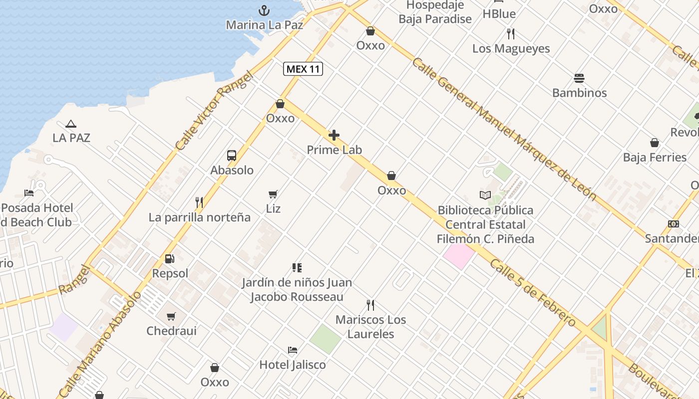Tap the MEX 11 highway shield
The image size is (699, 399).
303,69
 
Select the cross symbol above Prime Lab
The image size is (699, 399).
334,135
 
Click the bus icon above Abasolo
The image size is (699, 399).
232,155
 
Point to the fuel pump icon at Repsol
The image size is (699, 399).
170,259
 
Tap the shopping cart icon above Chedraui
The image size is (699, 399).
171,316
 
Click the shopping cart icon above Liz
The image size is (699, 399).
273,194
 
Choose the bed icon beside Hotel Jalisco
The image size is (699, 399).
293,350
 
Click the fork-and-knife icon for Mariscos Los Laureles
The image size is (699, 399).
370,305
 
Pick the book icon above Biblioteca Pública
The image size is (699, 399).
485,195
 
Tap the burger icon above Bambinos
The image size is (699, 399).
579,78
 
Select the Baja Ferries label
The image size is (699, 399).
655,158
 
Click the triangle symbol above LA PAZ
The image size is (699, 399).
71,124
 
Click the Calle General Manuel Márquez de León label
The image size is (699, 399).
504,129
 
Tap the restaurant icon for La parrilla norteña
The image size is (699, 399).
199,202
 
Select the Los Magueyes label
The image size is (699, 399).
511,49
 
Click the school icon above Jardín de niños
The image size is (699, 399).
297,268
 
